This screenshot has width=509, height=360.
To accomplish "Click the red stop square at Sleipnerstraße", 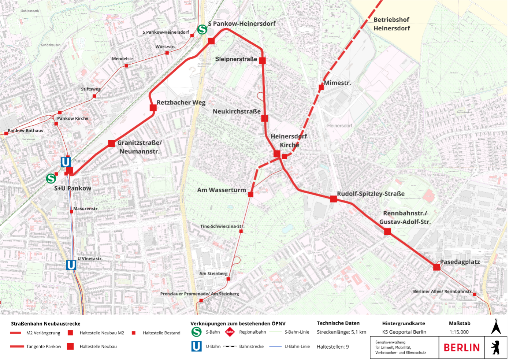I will [262, 60].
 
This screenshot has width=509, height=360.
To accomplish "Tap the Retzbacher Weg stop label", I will [181, 103].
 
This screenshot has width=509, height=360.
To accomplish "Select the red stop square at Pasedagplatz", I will [436, 267].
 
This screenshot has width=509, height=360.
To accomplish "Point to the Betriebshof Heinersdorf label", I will [391, 24].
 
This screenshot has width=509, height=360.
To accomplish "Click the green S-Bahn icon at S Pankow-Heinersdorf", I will [202, 30].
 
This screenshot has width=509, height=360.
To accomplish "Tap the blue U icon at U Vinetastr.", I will [71, 265].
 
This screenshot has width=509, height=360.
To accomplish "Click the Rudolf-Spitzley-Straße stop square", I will [334, 199].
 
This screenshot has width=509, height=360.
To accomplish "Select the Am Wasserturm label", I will [222, 190].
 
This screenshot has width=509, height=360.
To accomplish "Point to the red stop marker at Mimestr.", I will [321, 87].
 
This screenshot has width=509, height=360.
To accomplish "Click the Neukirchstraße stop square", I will [265, 118].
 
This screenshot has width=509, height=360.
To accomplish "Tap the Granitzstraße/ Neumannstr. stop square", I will [111, 144].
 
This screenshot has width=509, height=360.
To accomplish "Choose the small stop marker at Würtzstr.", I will [167, 53].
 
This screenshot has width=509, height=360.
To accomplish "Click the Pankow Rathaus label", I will [26, 130].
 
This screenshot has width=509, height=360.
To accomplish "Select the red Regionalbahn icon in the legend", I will [230, 332].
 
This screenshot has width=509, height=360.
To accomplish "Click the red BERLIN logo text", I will [461, 348].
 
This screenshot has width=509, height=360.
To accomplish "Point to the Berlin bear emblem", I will [496, 347].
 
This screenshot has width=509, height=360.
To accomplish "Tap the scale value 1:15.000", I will [459, 332].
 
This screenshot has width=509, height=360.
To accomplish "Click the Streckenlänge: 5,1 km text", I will [341, 332].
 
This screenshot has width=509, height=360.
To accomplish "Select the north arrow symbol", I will [496, 327].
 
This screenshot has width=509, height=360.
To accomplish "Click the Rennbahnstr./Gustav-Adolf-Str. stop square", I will [387, 231].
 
